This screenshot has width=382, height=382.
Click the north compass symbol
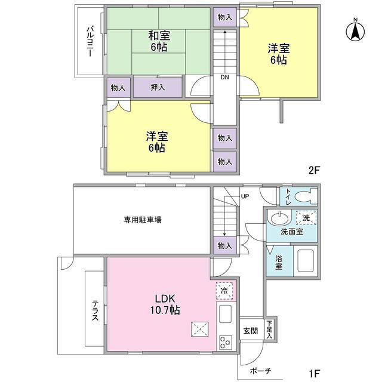tap(355, 30)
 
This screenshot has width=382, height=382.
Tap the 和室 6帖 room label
tap(159, 41)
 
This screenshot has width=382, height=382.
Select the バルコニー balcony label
tap(90, 41)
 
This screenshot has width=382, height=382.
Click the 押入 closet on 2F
tap(158, 88)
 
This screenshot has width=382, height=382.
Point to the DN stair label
tap(224, 77)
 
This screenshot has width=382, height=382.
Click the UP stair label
tap(245, 196)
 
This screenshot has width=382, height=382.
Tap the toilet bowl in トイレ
tap(306, 196)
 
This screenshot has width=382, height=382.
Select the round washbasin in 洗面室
tap(279, 217)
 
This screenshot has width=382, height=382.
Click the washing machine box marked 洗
tap(306, 217)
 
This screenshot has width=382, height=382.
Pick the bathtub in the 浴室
tap(305, 261)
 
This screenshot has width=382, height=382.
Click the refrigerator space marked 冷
tap(224, 291)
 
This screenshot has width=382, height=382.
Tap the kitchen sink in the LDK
tap(225, 314)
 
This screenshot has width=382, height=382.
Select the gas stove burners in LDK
tap(225, 343)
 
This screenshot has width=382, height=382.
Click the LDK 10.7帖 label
tap(165, 304)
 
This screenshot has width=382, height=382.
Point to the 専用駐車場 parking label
tap(143, 220)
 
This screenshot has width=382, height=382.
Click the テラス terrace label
tap(95, 310)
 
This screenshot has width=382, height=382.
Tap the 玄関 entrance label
tap(251, 331)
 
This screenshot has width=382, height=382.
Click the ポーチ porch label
tap(260, 371)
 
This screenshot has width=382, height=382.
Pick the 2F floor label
tap(313, 170)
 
